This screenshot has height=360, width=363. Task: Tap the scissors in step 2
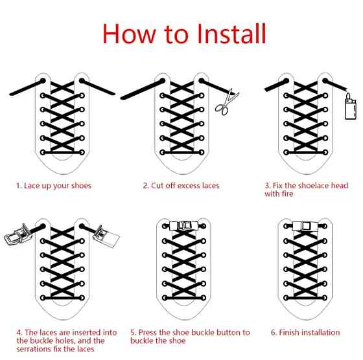pos(226,103)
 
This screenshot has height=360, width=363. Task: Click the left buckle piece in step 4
pos(18,234)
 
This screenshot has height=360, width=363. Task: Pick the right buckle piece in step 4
pos(106,236)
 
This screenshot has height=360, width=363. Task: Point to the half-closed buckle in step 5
pos(183,226)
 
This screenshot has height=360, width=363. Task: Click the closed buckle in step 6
pos(305,226)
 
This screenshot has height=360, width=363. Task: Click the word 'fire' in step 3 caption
pos(287,194)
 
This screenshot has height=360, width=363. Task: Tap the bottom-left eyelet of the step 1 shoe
pos(43,152)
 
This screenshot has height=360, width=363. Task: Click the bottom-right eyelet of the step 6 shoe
pos(325,298)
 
